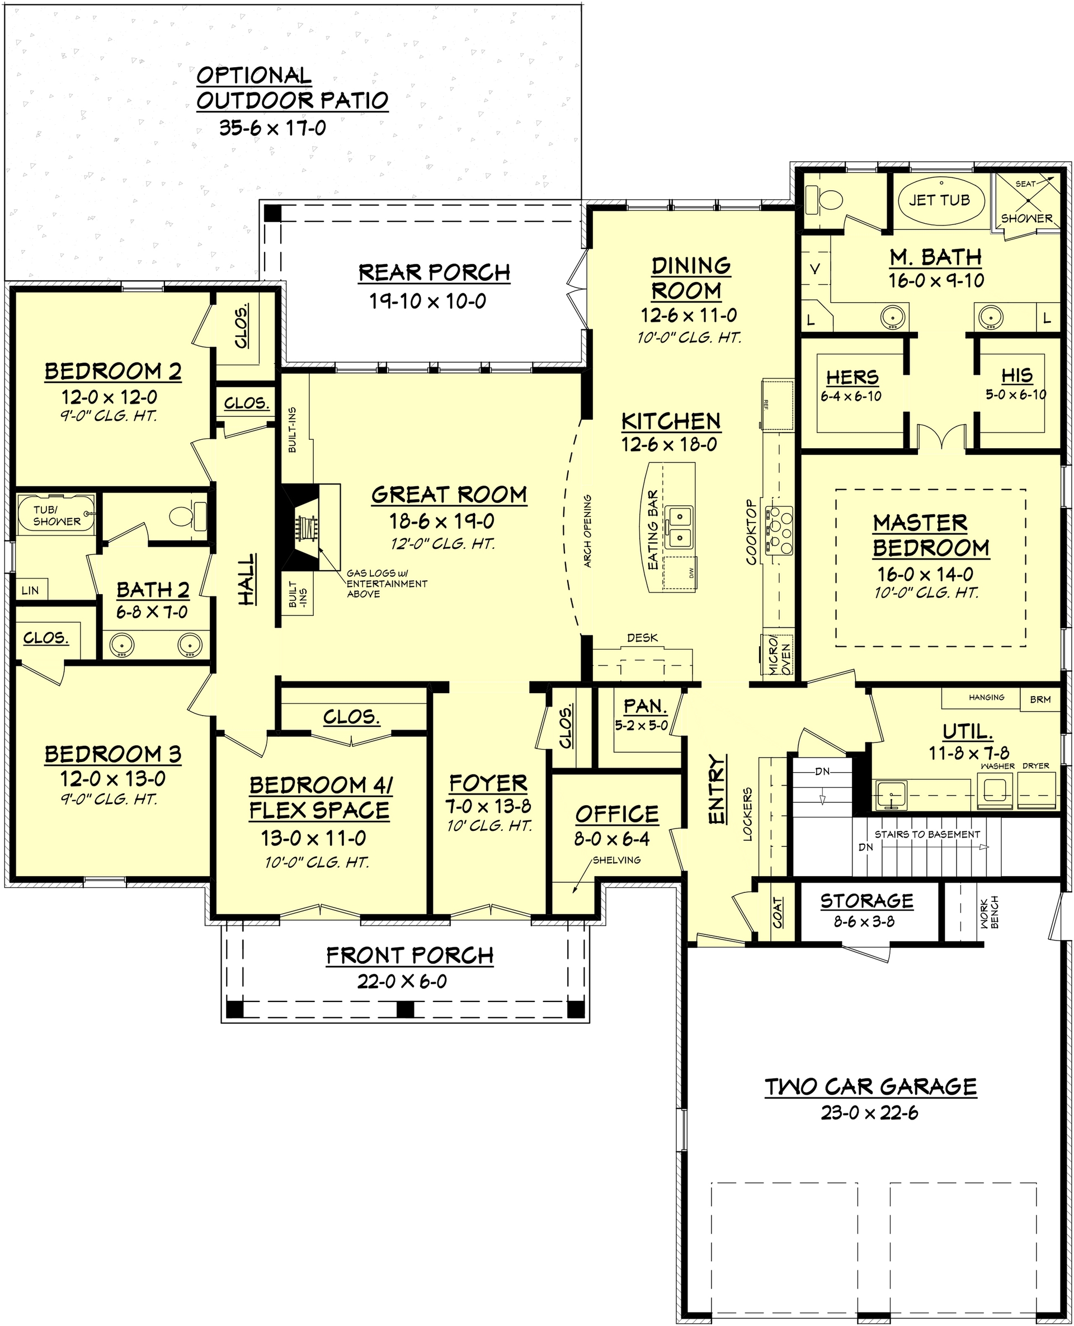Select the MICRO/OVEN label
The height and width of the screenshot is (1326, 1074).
pyautogui.click(x=779, y=655)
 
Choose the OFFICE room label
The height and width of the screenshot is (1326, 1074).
pyautogui.click(x=617, y=814)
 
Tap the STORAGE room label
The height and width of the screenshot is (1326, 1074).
pyautogui.click(x=866, y=900)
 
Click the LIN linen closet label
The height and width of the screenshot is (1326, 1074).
pyautogui.click(x=30, y=590)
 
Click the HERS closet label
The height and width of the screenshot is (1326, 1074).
pyautogui.click(x=852, y=377)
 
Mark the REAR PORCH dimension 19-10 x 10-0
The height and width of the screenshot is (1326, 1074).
pyautogui.click(x=427, y=302)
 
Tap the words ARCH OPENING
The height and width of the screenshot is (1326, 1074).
pyautogui.click(x=587, y=531)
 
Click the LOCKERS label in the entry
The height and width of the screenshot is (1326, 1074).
pyautogui.click(x=747, y=814)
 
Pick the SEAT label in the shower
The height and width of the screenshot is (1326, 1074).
pyautogui.click(x=1025, y=184)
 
